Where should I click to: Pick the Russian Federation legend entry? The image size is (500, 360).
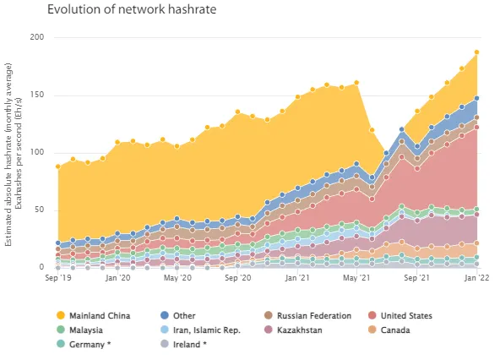pyautogui.click(x=312, y=315)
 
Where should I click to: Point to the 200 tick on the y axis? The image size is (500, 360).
pyautogui.click(x=36, y=37)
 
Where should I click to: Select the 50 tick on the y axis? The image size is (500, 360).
pyautogui.click(x=39, y=210)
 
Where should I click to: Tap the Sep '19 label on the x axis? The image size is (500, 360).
pyautogui.click(x=57, y=277)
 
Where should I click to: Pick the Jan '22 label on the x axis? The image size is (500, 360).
pyautogui.click(x=476, y=277)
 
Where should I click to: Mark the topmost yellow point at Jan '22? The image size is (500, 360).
pyautogui.click(x=476, y=52)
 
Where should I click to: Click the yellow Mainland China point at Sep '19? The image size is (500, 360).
pyautogui.click(x=57, y=166)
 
